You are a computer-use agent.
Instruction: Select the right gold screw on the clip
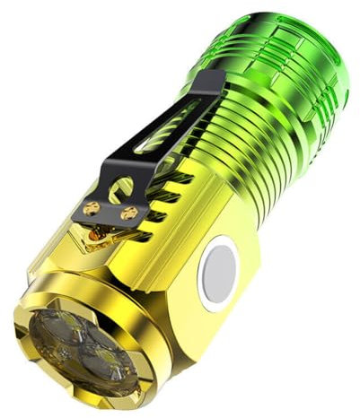point(129,213)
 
